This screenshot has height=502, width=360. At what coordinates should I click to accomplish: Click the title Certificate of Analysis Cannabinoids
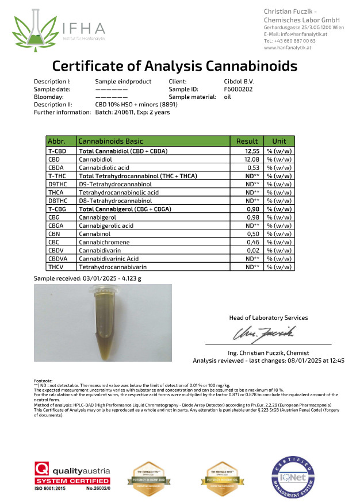tap(175, 66)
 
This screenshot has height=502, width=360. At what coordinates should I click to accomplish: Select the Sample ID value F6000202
tap(238, 89)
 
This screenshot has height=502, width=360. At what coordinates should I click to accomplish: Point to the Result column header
tap(247, 141)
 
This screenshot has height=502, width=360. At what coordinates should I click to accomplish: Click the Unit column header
tap(279, 141)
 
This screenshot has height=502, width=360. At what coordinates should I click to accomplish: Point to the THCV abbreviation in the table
tap(56, 267)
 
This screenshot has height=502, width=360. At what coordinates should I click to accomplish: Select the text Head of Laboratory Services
tap(268, 317)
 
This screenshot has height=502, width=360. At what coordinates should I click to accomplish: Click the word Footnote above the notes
tap(44, 380)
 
